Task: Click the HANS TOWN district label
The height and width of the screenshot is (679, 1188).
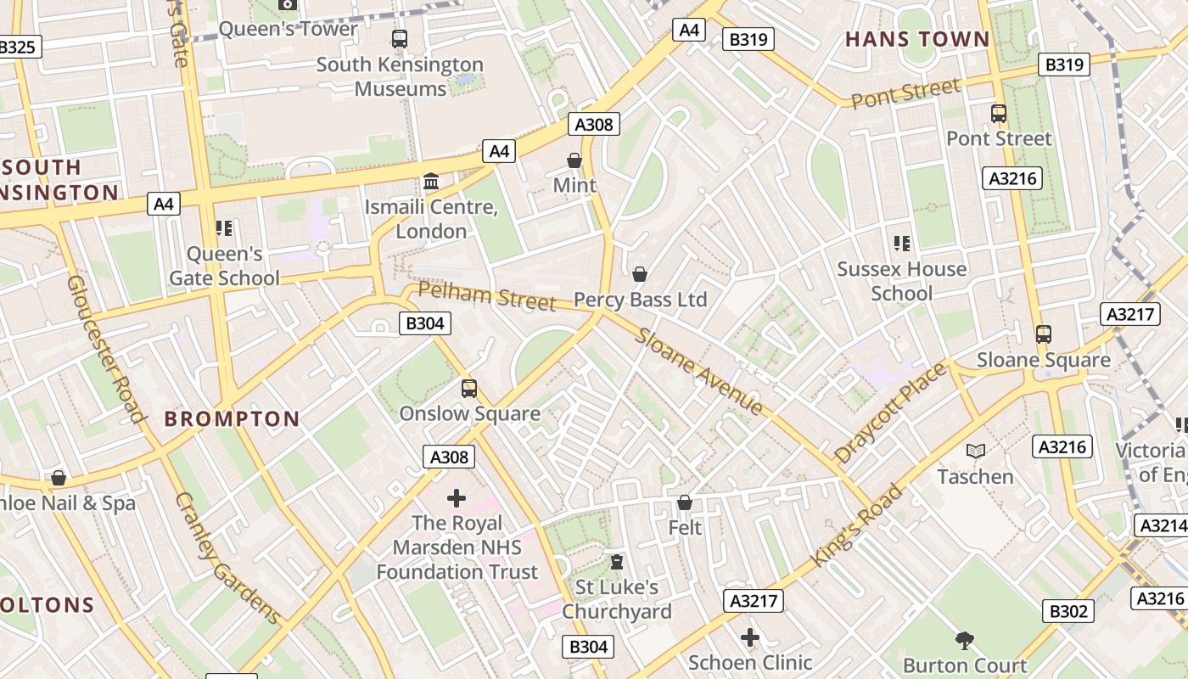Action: click(917, 39)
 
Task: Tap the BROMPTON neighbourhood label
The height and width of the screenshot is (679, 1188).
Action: click(232, 418)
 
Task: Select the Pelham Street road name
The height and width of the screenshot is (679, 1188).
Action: click(487, 296)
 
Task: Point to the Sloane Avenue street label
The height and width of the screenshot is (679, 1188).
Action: click(700, 372)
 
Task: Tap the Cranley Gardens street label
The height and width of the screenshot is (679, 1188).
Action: click(227, 558)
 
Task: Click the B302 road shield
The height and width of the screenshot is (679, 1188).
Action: click(1068, 611)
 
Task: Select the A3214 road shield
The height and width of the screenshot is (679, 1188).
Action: click(1161, 525)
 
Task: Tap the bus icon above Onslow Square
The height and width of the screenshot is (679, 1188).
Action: click(469, 389)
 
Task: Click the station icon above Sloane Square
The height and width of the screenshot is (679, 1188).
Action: click(1043, 334)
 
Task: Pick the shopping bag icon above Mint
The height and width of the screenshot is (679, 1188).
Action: click(574, 160)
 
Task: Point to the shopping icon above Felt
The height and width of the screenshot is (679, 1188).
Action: click(685, 502)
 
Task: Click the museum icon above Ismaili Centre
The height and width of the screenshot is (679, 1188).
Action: click(431, 182)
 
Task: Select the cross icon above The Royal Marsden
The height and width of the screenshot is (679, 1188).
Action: click(457, 498)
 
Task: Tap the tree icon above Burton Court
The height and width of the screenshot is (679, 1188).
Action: click(964, 640)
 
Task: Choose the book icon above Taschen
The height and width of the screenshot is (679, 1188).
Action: click(976, 452)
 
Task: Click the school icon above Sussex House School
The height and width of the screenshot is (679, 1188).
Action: click(901, 244)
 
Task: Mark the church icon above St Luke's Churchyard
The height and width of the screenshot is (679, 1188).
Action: click(617, 562)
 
